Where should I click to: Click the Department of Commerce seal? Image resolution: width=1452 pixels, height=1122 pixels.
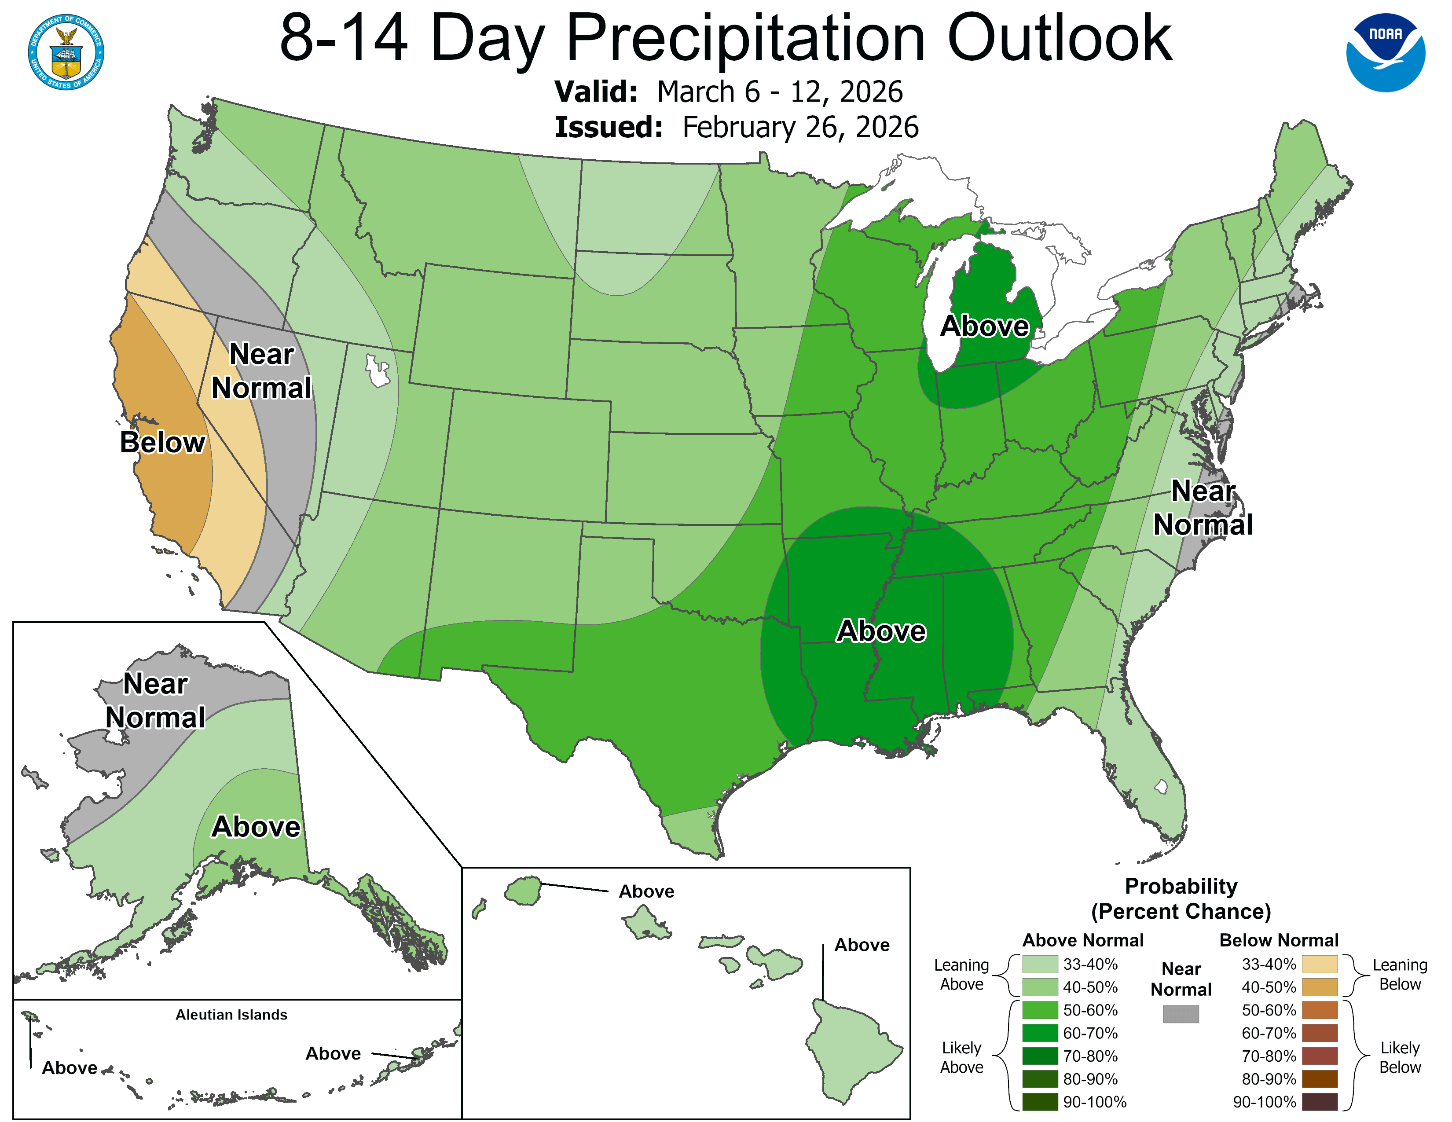click(x=66, y=52)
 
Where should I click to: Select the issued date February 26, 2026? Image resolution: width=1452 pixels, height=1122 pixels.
click(x=800, y=128)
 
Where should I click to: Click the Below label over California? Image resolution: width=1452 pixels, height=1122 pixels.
click(x=163, y=443)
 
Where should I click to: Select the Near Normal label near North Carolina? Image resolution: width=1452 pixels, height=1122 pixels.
click(x=1203, y=508)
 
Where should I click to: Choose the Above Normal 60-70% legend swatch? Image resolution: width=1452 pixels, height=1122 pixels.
click(x=1040, y=1033)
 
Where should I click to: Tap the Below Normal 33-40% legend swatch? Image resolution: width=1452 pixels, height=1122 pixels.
click(x=1319, y=964)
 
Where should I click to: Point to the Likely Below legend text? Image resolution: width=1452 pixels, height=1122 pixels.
click(x=1400, y=1057)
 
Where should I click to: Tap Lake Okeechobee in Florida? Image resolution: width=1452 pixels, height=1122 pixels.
click(x=1161, y=787)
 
